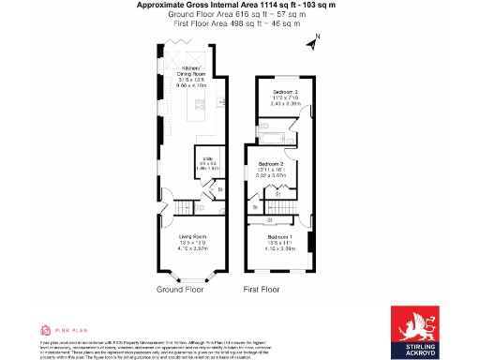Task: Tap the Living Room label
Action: click(x=191, y=236)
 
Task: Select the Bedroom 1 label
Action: click(x=277, y=236)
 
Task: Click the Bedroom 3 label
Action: click(x=284, y=92)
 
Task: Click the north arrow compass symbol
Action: click(x=317, y=39)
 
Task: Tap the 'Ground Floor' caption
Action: click(x=180, y=290)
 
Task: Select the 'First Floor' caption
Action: click(x=262, y=290)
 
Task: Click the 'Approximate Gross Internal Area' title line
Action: click(x=239, y=5)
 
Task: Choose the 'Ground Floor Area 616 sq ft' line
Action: click(x=239, y=14)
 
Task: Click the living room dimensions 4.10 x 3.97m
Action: click(x=191, y=248)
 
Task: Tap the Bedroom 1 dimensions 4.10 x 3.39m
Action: click(x=277, y=248)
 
